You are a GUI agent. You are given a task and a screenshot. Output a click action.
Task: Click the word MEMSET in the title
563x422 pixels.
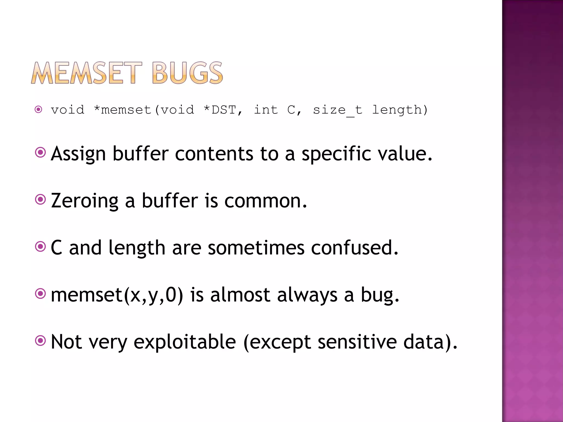coord(87,73)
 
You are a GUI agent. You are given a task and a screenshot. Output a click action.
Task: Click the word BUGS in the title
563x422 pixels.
coord(187,73)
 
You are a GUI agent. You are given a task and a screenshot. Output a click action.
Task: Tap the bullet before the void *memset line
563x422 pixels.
coord(38,110)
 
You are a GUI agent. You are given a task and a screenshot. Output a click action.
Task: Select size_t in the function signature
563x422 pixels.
coord(338,110)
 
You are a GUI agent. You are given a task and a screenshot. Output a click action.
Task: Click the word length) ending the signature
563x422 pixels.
coord(400,110)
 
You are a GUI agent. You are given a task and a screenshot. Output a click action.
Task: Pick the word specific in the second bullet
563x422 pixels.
coord(336,154)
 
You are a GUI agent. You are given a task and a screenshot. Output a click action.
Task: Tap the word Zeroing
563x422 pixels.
coord(85,201)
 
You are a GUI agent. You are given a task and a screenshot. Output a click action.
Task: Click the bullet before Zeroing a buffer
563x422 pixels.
coord(40,199)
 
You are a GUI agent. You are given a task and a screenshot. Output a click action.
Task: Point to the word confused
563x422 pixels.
coord(354,248)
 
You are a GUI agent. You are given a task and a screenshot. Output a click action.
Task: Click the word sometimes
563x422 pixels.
coord(256,248)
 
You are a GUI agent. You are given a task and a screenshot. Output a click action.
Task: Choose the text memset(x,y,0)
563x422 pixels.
coord(117,295)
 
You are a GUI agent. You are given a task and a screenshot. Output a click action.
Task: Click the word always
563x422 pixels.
coord(307,295)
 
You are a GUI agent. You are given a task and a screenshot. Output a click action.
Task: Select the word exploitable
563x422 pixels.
coord(185,342)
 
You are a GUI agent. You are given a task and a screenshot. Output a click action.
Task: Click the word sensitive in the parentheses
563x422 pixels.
coord(357,342)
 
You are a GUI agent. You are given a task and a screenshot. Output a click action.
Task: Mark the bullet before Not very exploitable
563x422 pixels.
coord(40,341)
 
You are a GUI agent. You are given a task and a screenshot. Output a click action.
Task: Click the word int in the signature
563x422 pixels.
coord(266,110)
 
